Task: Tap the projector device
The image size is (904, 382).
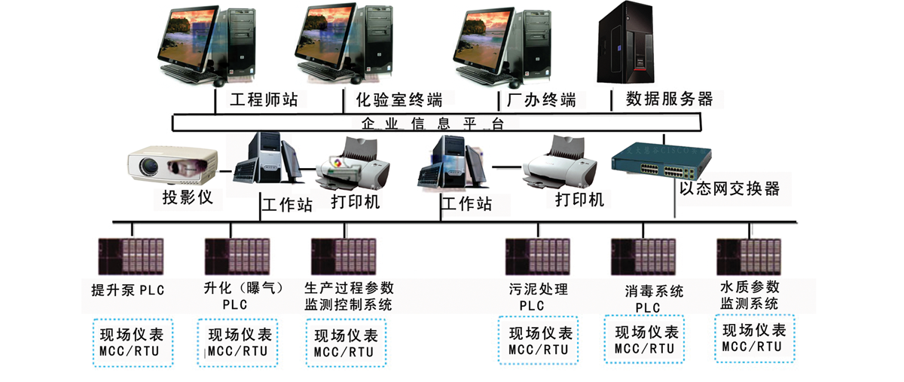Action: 173,163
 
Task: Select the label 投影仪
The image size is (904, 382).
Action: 188,199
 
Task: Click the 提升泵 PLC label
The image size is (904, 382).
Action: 127,290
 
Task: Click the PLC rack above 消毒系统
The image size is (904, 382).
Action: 643,255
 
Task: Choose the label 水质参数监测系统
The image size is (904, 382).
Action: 749,295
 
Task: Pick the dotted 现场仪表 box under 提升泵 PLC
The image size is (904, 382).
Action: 133,342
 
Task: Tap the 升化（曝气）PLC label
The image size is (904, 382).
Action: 234,296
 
